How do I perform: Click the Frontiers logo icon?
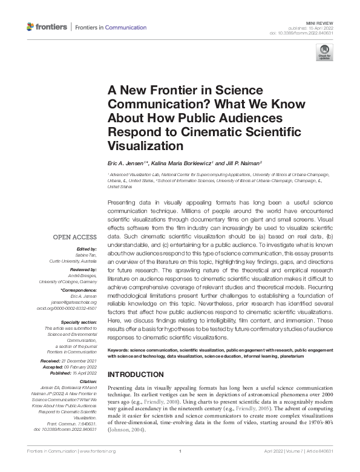pyautogui.click(x=31, y=27)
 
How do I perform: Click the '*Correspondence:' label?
pyautogui.click(x=79, y=290)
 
